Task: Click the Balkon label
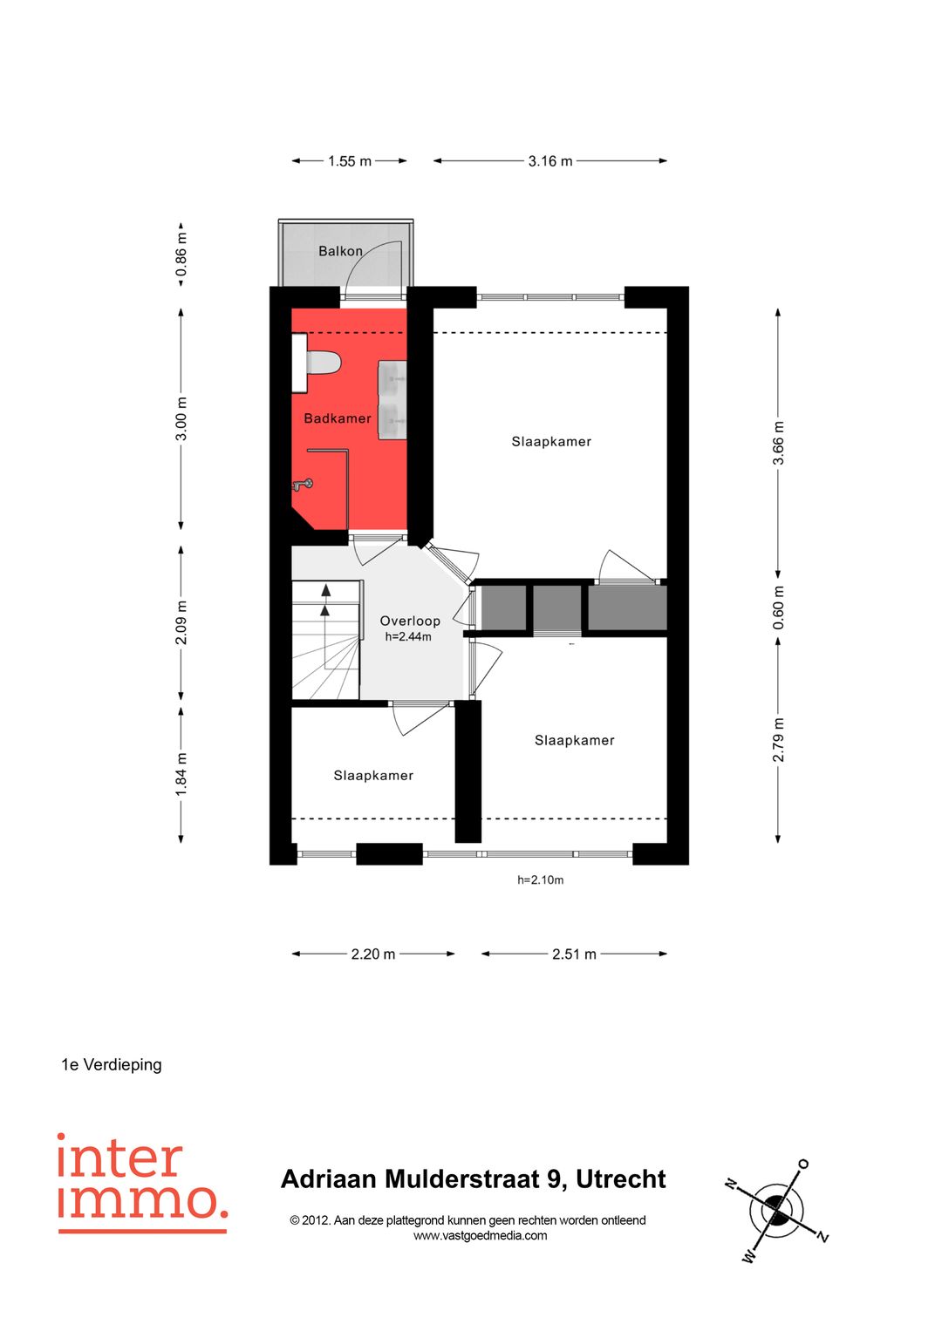[340, 251]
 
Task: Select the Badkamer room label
[338, 418]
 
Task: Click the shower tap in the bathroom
[304, 485]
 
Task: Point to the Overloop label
[410, 621]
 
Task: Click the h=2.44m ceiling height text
[408, 637]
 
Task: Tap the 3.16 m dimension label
[550, 161]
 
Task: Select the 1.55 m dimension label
[349, 161]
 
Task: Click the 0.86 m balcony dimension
[181, 254]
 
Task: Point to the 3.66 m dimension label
[778, 443]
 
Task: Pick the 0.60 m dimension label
[778, 608]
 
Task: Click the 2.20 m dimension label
[373, 954]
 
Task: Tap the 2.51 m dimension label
[574, 954]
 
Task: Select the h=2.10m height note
[540, 880]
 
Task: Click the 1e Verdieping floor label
[112, 1065]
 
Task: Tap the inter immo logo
[142, 1182]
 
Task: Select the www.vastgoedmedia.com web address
[480, 1236]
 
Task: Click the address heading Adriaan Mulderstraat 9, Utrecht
[474, 1179]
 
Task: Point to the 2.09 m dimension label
[181, 622]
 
